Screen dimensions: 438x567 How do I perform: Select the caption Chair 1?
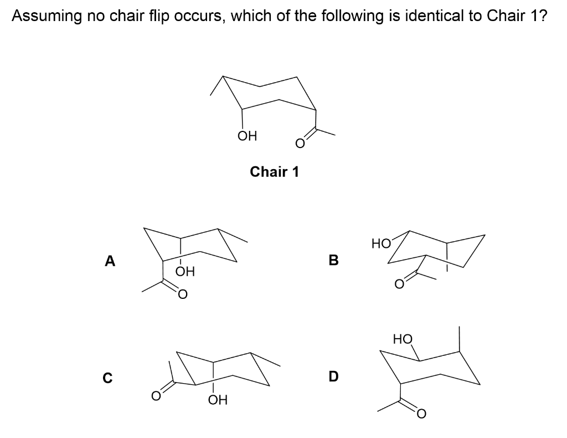click(274, 172)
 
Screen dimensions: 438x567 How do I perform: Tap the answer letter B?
click(333, 259)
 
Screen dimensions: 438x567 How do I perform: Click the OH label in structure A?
click(185, 272)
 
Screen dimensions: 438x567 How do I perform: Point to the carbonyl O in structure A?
click(183, 294)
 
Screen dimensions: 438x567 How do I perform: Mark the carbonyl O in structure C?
click(157, 396)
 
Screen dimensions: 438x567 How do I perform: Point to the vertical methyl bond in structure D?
click(459, 339)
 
